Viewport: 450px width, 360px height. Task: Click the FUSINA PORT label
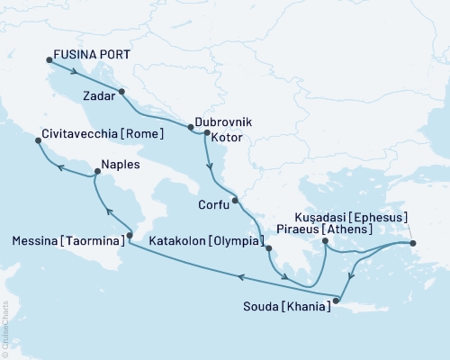point(93,54)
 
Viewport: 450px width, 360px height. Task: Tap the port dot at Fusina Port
point(49,61)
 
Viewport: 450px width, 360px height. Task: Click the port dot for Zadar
point(121,91)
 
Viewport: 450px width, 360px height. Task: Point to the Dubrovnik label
point(222,121)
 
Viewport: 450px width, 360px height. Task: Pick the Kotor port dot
point(208,134)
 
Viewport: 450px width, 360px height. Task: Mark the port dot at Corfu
point(234,200)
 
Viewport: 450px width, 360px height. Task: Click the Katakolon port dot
point(268,247)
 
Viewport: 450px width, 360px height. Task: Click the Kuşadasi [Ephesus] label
point(352,218)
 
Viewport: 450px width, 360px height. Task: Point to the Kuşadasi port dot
point(412,243)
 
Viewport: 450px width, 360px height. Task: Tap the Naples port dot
point(94,176)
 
